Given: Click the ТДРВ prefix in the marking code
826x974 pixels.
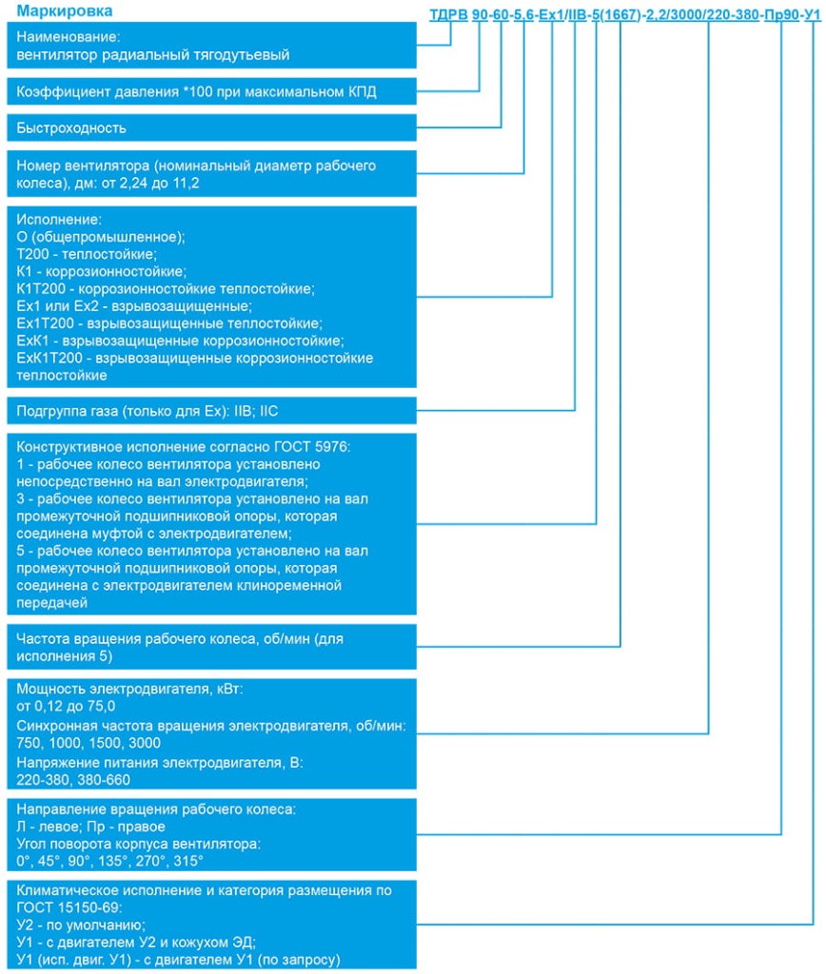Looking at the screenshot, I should pyautogui.click(x=450, y=14).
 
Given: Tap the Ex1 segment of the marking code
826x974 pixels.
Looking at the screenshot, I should pyautogui.click(x=552, y=14).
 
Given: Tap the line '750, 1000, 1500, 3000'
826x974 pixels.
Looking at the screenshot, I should pyautogui.click(x=88, y=742).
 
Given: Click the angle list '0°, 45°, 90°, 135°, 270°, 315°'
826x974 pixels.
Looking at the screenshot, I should pyautogui.click(x=110, y=860).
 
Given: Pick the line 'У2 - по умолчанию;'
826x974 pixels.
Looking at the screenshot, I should pyautogui.click(x=81, y=925).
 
